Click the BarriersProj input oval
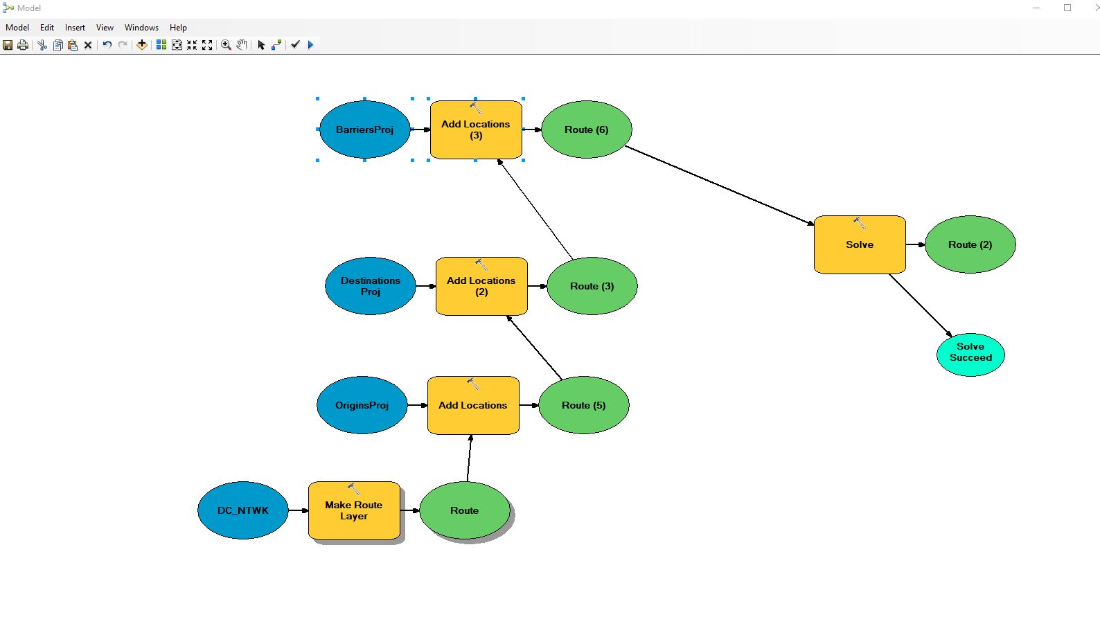tap(365, 129)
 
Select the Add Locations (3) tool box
tap(476, 129)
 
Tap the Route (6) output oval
tap(586, 129)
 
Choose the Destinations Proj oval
tap(371, 286)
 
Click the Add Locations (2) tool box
tap(481, 286)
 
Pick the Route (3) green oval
tap(592, 286)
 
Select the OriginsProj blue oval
tap(362, 405)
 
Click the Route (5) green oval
tap(584, 405)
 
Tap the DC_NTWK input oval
tap(243, 510)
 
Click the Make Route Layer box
tap(354, 510)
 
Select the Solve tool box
tap(860, 244)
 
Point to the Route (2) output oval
tap(970, 244)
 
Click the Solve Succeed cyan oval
tap(971, 355)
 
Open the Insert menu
tap(75, 28)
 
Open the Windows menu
tap(141, 28)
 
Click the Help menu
tap(178, 28)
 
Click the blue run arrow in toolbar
tap(310, 45)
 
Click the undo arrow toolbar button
tap(107, 45)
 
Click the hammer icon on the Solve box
tap(860, 223)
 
